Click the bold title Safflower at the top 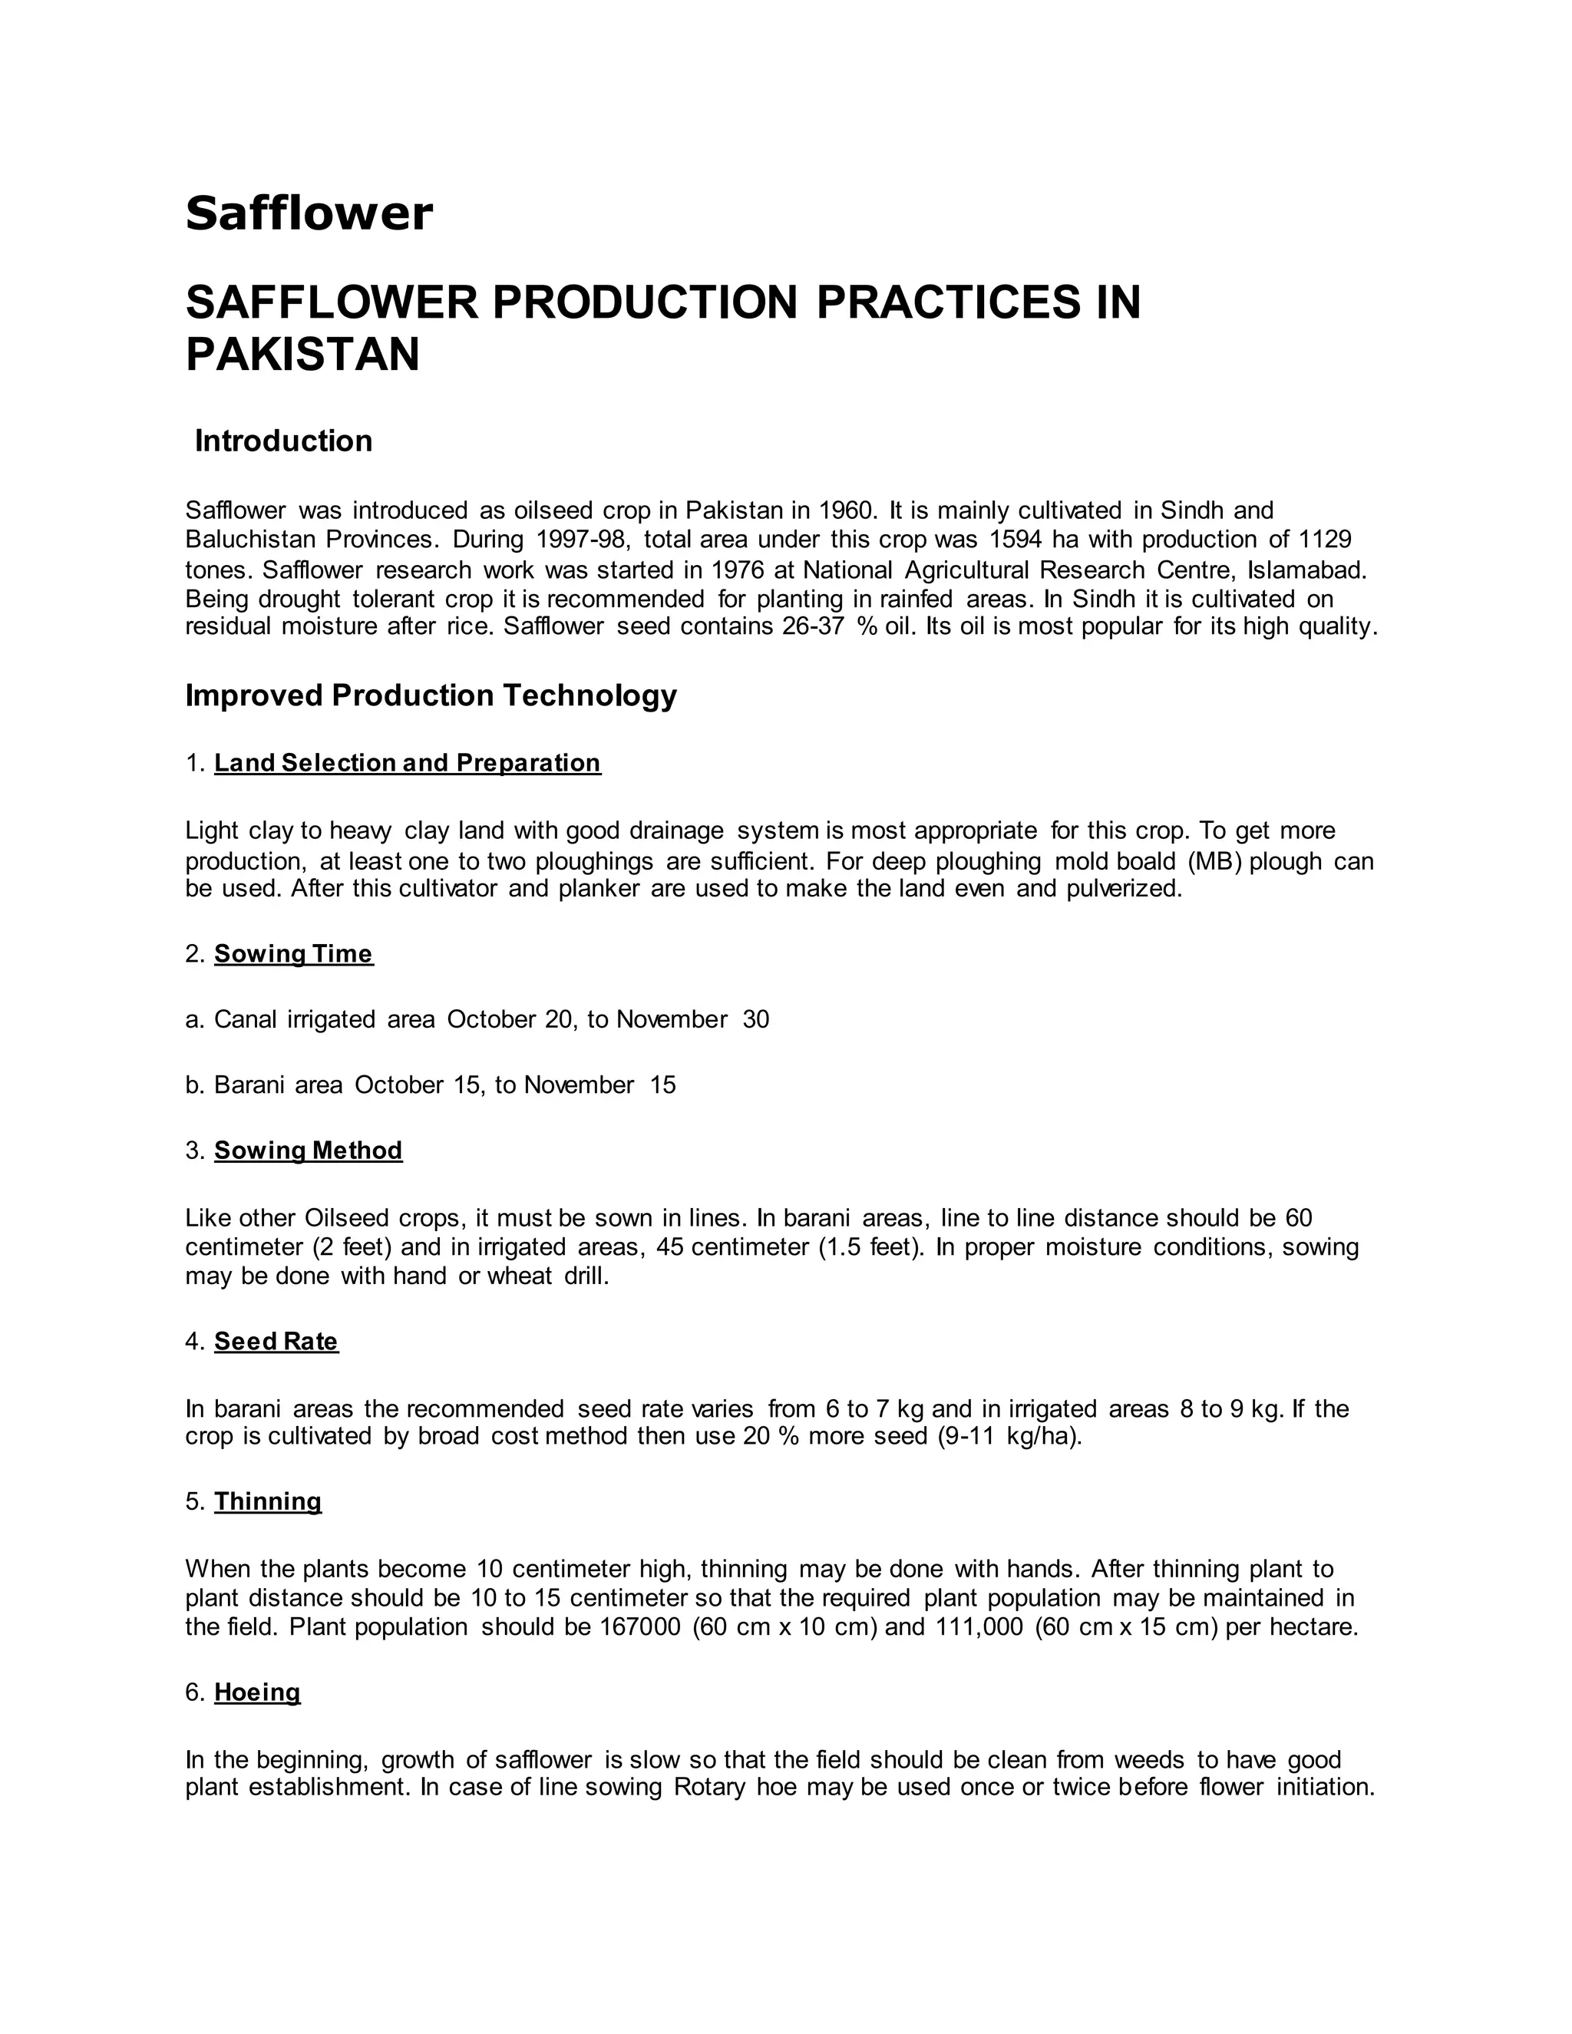click(309, 214)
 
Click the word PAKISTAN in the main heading click(302, 355)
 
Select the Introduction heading click(283, 441)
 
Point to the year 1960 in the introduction click(847, 510)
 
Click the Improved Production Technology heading click(431, 695)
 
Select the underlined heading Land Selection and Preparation click(407, 763)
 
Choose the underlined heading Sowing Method click(309, 1151)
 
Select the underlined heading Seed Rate click(276, 1341)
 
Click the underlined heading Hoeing click(257, 1692)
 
